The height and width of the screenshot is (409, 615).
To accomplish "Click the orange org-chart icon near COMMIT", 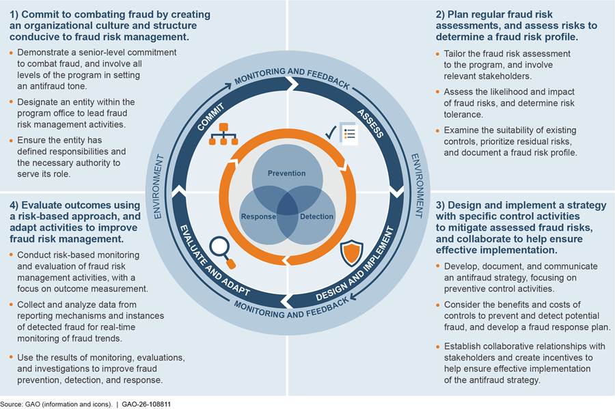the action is click(x=223, y=134).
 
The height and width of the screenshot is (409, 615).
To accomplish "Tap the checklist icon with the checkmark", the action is click(x=342, y=134).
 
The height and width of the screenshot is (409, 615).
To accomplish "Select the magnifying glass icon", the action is click(x=222, y=253).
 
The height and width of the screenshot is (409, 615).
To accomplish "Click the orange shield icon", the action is click(x=351, y=253).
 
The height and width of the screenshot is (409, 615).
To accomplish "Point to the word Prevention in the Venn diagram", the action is click(x=286, y=173).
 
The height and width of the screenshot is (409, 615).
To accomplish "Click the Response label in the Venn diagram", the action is click(x=258, y=216).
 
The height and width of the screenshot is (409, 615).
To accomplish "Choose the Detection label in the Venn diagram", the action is click(x=316, y=216).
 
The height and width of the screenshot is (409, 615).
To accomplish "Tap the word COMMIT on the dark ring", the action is click(x=210, y=117).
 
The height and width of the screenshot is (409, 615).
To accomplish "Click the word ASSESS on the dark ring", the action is click(x=370, y=124).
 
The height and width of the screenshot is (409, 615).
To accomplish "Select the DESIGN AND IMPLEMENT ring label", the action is click(x=355, y=264).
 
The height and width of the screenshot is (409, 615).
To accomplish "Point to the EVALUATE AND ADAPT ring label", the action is click(x=215, y=260).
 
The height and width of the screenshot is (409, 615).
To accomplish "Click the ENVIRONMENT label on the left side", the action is click(x=158, y=186).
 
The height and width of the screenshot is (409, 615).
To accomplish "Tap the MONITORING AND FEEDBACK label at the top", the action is click(x=292, y=77).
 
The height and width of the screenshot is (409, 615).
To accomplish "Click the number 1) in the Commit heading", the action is click(x=14, y=14).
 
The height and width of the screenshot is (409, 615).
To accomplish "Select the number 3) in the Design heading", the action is click(x=440, y=206).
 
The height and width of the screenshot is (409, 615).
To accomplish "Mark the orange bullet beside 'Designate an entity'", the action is click(x=11, y=102).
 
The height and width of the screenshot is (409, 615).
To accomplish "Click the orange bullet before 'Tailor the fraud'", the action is click(x=438, y=54).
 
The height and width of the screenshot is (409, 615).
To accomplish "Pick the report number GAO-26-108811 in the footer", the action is click(x=146, y=404).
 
